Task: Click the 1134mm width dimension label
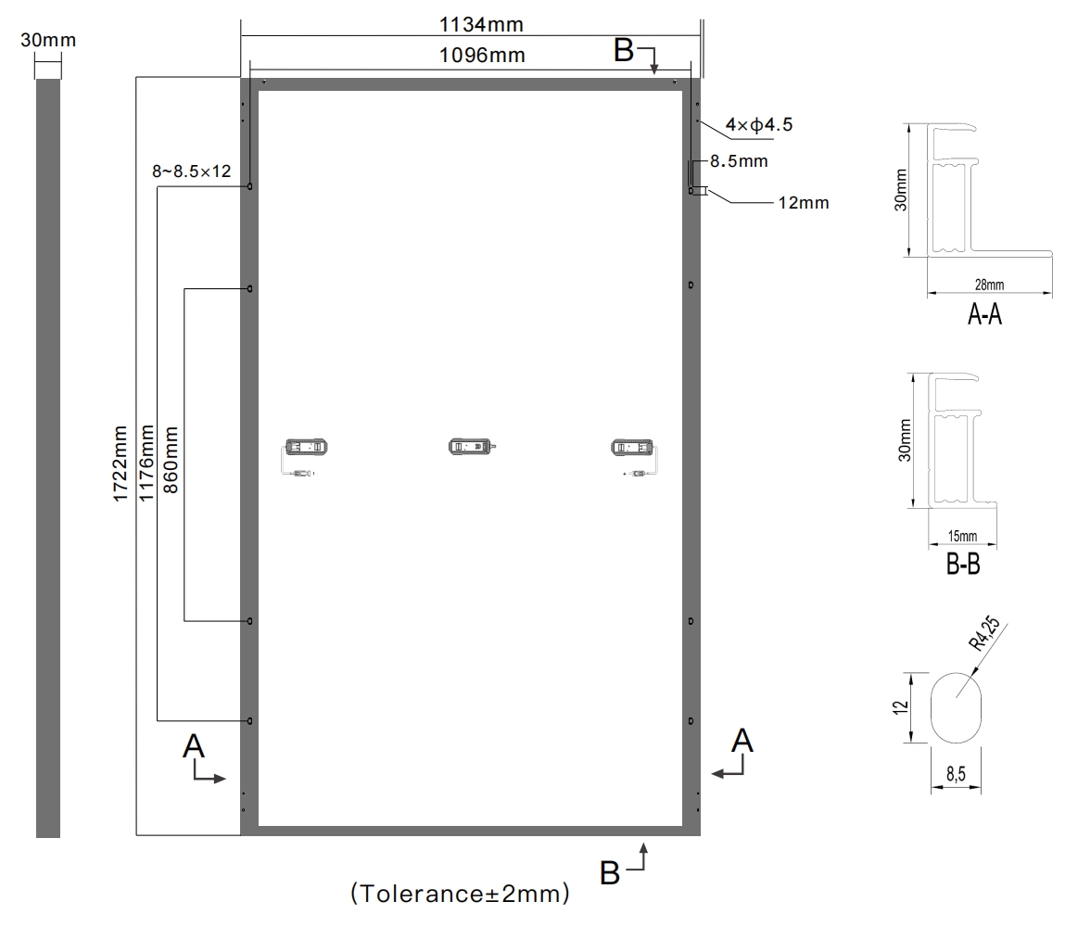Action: click(481, 25)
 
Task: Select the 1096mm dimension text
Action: click(482, 55)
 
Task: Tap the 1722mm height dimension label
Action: click(120, 463)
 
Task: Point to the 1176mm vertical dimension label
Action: click(146, 463)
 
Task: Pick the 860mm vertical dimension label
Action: click(171, 460)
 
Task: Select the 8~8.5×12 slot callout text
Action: click(192, 171)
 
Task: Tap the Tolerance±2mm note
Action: click(460, 894)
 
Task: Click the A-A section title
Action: click(984, 314)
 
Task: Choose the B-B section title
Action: click(962, 565)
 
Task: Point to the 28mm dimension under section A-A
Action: click(989, 285)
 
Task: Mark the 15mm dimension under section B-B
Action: click(962, 536)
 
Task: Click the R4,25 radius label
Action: click(983, 634)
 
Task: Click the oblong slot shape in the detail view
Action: click(957, 707)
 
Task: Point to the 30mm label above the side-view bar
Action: click(48, 40)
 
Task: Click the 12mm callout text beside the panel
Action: click(804, 203)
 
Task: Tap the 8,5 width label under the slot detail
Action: click(956, 774)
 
